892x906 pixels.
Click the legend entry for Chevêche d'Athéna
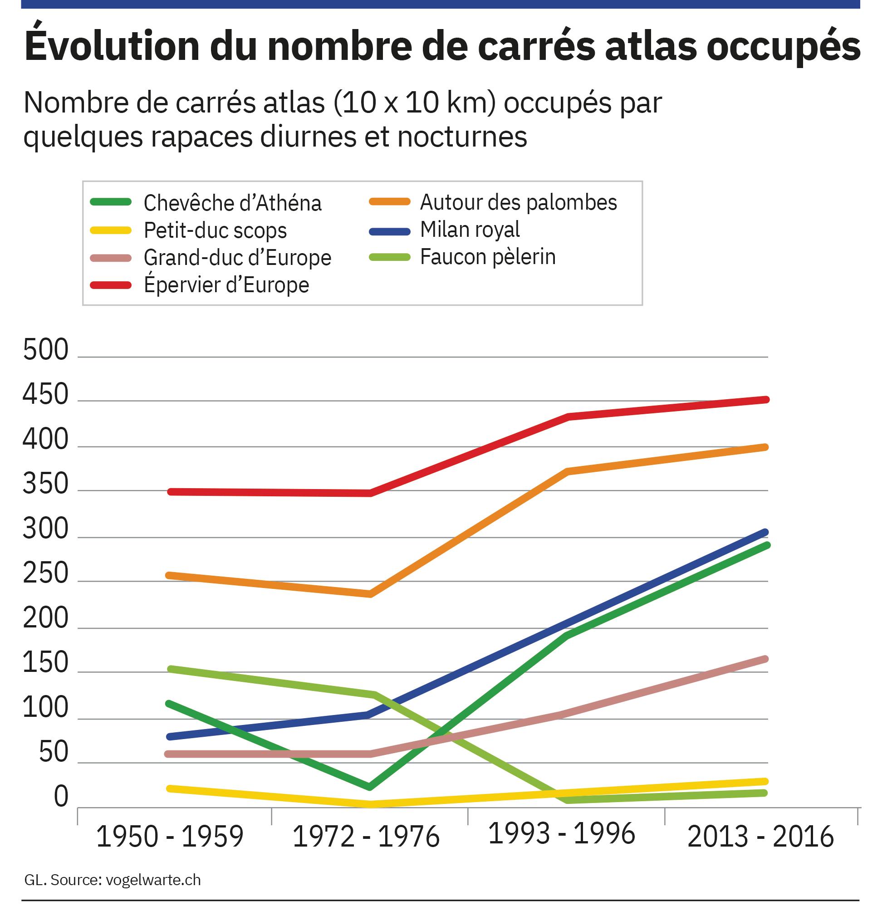tap(232, 203)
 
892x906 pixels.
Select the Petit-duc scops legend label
tap(215, 230)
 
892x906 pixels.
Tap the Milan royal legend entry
tap(470, 230)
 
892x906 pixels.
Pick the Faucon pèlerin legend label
tap(488, 257)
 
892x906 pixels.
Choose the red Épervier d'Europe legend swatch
tap(111, 285)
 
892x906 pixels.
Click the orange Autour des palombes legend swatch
tap(389, 202)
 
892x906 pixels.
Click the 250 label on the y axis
tap(46, 573)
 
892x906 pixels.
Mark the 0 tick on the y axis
tap(61, 797)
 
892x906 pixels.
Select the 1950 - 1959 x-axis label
tap(170, 837)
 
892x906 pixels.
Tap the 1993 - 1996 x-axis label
tap(561, 834)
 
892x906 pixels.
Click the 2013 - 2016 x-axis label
tap(760, 837)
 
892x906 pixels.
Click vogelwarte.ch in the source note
tap(153, 880)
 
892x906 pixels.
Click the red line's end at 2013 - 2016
tap(766, 400)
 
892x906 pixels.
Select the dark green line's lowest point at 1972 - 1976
tap(370, 787)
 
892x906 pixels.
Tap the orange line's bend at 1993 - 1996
tap(568, 471)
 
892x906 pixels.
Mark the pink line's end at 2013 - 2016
tap(766, 659)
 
